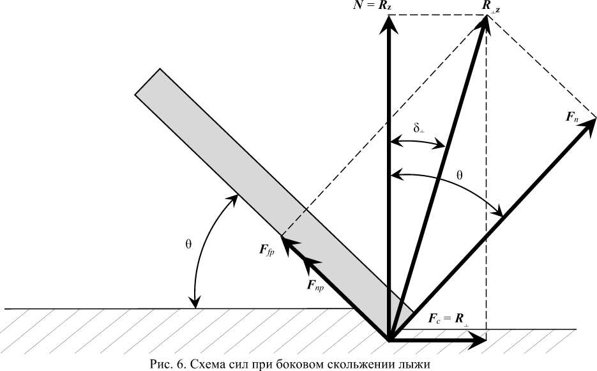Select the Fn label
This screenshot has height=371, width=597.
point(572,117)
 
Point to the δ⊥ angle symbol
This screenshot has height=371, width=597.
point(419,128)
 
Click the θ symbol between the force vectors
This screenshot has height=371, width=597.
point(460,174)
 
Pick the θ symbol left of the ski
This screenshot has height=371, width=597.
point(188,244)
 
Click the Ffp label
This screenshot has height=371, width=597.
point(267,250)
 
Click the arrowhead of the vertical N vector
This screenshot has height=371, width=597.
point(388,23)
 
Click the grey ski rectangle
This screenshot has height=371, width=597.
point(268,185)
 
